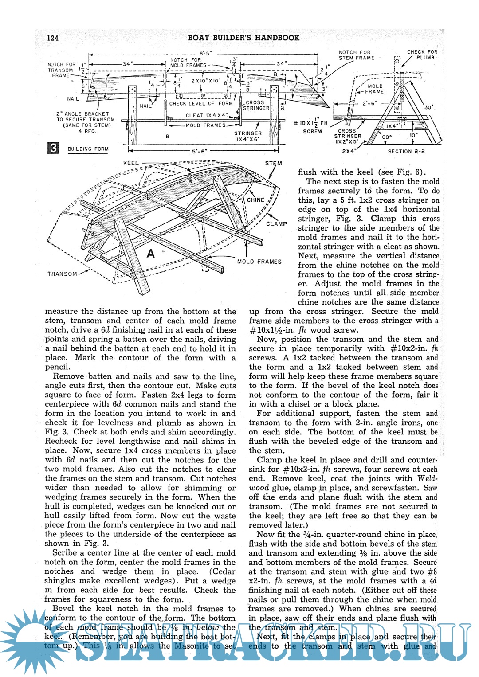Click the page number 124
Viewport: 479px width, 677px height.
(52, 38)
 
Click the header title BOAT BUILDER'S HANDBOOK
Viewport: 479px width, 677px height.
(243, 38)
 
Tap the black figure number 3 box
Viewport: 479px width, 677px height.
(53, 148)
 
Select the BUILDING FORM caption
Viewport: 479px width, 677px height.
(88, 149)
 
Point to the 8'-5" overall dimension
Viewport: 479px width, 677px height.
(205, 54)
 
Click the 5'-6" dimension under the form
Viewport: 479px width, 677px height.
(199, 151)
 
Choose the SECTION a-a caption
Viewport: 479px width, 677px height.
(406, 151)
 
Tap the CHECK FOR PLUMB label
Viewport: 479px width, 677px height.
(422, 55)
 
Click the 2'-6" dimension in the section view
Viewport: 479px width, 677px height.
(369, 103)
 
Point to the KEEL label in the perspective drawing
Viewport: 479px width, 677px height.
(131, 163)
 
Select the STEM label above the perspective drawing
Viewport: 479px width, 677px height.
(274, 163)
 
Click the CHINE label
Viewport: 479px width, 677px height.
(255, 200)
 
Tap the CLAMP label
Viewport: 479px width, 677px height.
(276, 224)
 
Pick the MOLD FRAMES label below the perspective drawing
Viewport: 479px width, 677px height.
(259, 262)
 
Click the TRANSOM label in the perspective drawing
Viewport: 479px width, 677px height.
(62, 274)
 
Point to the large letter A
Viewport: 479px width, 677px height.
(151, 254)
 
